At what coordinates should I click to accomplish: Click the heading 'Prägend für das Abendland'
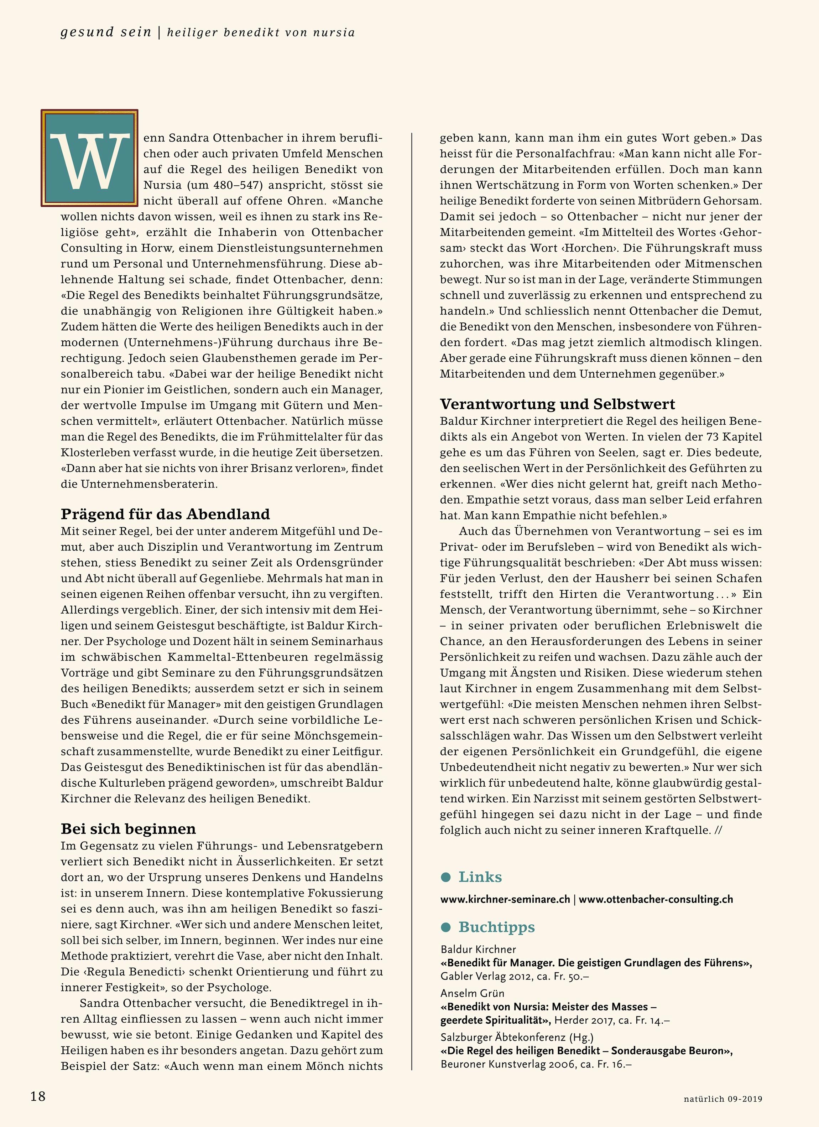(x=165, y=514)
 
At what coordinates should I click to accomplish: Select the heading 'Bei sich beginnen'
(x=128, y=829)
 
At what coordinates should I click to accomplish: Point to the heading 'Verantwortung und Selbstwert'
(x=558, y=404)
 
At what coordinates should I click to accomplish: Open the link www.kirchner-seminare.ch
(x=505, y=899)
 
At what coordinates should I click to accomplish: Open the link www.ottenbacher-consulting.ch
(x=656, y=899)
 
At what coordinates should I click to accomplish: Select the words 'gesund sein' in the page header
(x=106, y=32)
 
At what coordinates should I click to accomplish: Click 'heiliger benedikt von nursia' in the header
(x=261, y=33)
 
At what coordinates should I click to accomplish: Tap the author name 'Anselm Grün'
(x=472, y=993)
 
